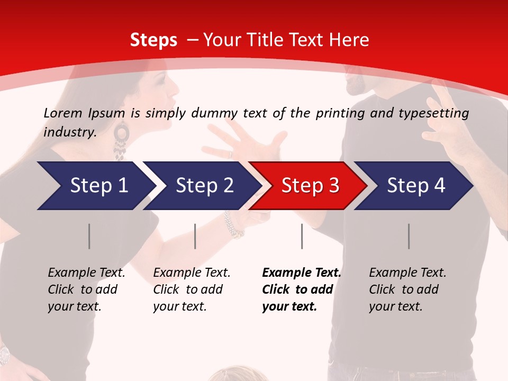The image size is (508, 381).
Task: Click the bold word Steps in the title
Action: pyautogui.click(x=153, y=40)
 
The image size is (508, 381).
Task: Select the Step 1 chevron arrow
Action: pyautogui.click(x=95, y=185)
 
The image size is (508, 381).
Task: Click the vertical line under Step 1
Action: pyautogui.click(x=89, y=236)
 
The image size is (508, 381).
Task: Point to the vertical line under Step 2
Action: pyautogui.click(x=195, y=236)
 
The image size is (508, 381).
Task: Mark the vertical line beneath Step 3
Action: pyautogui.click(x=302, y=236)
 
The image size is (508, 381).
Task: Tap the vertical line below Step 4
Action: pyautogui.click(x=409, y=236)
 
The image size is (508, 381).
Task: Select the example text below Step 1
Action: pyautogui.click(x=86, y=289)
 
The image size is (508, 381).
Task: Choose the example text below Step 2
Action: pyautogui.click(x=191, y=289)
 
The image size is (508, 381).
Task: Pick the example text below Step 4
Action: pyautogui.click(x=407, y=289)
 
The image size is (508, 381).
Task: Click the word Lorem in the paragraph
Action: pyautogui.click(x=63, y=113)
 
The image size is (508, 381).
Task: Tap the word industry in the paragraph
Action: pyautogui.click(x=69, y=132)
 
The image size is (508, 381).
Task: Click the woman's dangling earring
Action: pyautogui.click(x=121, y=140)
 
